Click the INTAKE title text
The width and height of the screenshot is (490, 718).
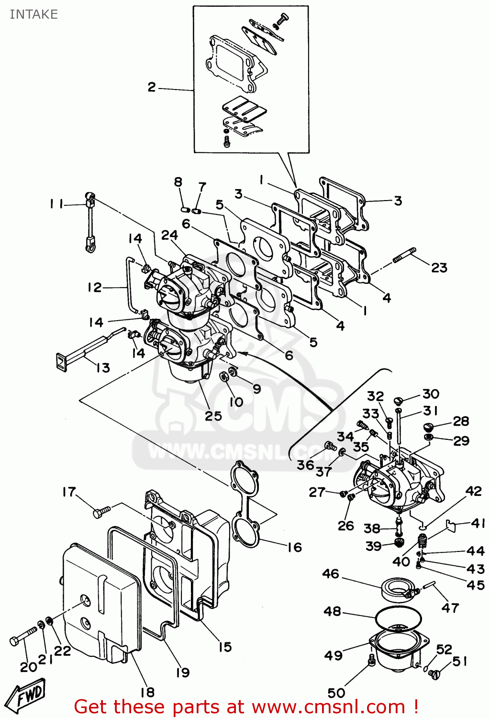(x=33, y=14)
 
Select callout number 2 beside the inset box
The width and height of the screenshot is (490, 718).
(x=152, y=87)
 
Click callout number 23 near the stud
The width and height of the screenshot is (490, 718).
(x=439, y=268)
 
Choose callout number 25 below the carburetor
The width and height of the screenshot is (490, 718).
(x=213, y=415)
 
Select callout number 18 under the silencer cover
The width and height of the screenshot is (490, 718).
(x=147, y=692)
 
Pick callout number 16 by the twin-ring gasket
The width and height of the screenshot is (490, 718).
(x=294, y=547)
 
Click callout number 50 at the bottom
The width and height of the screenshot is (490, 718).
(x=336, y=693)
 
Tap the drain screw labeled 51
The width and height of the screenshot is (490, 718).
(x=434, y=674)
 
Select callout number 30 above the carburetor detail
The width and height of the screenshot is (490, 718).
(x=431, y=394)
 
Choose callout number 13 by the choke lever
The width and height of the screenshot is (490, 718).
(x=103, y=368)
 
